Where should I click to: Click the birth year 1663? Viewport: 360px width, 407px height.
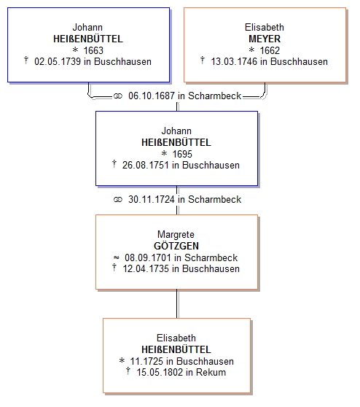tap(93, 50)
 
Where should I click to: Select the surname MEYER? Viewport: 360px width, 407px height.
tap(265, 39)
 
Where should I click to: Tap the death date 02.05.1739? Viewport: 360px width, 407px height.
tap(58, 62)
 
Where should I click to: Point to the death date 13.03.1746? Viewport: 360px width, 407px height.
tap(234, 62)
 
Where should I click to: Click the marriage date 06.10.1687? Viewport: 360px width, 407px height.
tap(152, 96)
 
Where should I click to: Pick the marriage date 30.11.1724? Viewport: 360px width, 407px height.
tap(152, 199)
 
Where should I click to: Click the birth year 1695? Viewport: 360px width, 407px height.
tap(182, 154)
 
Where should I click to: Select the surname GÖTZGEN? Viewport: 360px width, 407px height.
tap(176, 246)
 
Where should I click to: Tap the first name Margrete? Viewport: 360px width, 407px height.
tap(176, 235)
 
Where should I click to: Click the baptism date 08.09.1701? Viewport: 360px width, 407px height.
tap(148, 257)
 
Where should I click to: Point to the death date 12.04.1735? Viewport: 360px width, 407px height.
tap(146, 268)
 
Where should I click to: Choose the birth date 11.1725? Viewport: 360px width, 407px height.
tap(146, 361)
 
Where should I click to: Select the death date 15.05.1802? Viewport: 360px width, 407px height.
tap(160, 372)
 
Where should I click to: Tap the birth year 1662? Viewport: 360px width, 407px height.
tap(270, 50)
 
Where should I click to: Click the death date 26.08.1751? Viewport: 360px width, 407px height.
tap(146, 166)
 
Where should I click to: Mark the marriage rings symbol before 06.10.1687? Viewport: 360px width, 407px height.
tap(118, 96)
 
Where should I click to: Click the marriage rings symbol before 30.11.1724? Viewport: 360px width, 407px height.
tap(118, 200)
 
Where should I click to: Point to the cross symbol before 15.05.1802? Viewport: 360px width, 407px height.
tap(128, 371)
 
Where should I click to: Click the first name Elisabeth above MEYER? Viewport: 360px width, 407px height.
tap(265, 27)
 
